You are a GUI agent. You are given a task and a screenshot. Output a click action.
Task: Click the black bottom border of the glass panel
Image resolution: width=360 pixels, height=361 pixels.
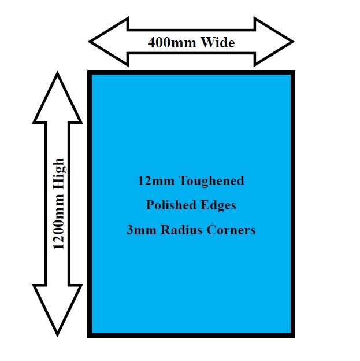coord(191,334)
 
